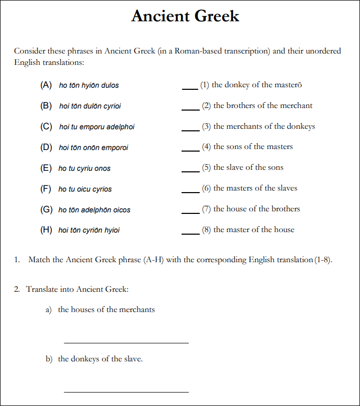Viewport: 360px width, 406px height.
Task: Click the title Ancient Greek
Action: click(x=185, y=16)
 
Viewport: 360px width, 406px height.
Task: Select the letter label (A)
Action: click(x=46, y=85)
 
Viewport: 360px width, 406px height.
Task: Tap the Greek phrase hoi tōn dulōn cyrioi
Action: click(x=90, y=106)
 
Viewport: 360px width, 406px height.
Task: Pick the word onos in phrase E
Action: click(x=102, y=168)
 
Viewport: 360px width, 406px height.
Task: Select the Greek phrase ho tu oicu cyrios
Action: click(x=85, y=189)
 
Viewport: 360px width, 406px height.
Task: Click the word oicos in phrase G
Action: click(x=122, y=210)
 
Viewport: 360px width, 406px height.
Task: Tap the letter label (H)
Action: click(x=46, y=230)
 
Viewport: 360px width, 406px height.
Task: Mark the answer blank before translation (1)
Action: click(x=190, y=88)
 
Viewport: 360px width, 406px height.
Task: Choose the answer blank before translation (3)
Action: click(x=190, y=129)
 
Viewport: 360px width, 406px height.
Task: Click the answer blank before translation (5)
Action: click(x=190, y=171)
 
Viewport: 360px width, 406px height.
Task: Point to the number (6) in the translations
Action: click(x=206, y=188)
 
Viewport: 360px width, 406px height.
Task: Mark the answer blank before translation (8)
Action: click(x=190, y=233)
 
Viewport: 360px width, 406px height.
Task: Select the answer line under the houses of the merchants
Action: click(x=126, y=342)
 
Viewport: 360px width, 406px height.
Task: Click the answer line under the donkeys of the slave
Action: click(x=126, y=391)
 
